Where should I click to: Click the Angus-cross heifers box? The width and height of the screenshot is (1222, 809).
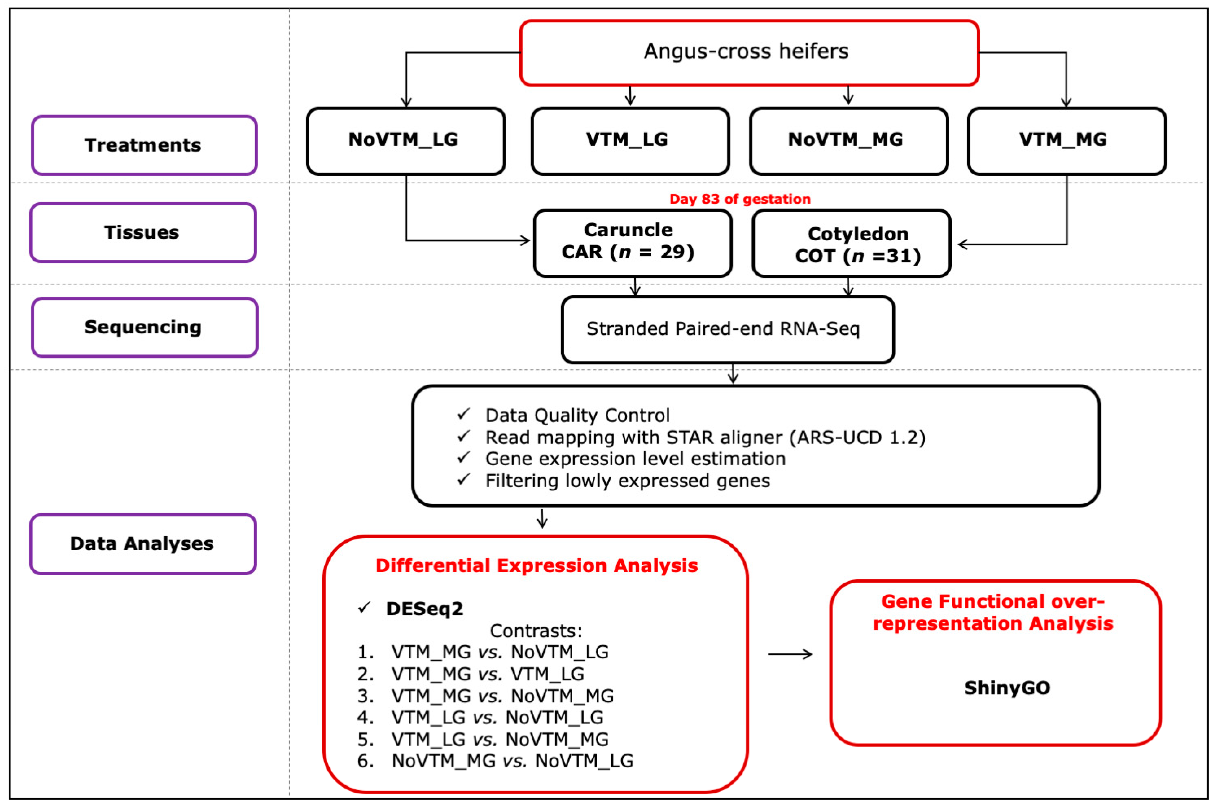(x=749, y=52)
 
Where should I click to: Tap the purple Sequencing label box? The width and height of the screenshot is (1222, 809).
(x=144, y=327)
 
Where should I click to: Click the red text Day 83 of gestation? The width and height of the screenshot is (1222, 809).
(x=740, y=199)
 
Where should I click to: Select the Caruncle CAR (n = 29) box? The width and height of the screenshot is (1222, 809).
(x=632, y=243)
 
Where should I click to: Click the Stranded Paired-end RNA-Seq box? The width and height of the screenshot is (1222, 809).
(x=727, y=329)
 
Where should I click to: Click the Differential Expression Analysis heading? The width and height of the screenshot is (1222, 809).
(x=537, y=565)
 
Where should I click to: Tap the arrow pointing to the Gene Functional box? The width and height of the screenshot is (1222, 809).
(x=790, y=654)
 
